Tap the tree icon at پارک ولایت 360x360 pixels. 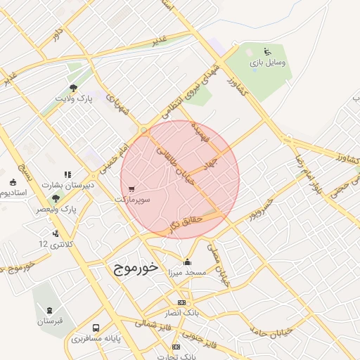click(x=74, y=88)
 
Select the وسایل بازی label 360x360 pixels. click(x=268, y=63)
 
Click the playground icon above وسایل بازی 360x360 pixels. click(x=266, y=51)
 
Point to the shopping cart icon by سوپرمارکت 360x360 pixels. click(x=132, y=188)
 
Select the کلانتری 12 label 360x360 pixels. click(x=54, y=243)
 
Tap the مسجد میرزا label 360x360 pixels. click(x=186, y=272)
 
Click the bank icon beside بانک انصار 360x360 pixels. click(x=181, y=302)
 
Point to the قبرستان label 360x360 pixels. click(x=50, y=321)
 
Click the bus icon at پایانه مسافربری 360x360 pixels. click(x=96, y=328)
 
